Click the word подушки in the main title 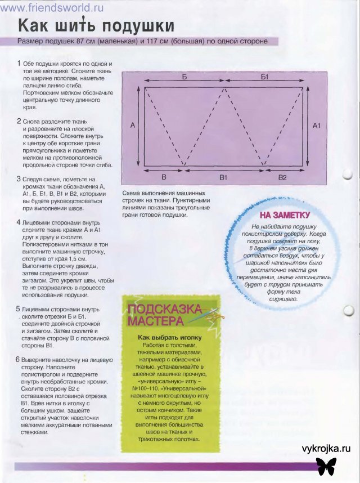point(137,26)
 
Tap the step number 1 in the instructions point(19,64)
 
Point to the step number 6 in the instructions point(19,359)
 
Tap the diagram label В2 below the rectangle point(282,177)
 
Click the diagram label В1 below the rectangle point(223,177)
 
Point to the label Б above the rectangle point(184,75)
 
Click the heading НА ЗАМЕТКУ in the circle point(285,214)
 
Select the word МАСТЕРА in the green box point(155,321)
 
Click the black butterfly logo point(327,465)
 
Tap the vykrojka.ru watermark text point(326,448)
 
